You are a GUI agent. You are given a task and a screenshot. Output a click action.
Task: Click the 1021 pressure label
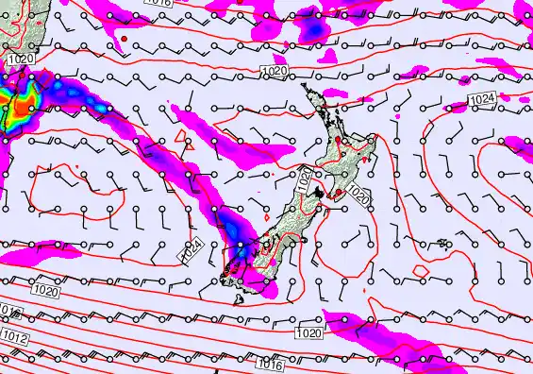tap(308, 179)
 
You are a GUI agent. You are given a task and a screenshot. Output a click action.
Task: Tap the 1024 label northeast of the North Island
tap(482, 97)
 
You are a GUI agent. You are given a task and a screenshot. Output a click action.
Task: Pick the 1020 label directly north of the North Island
tap(275, 71)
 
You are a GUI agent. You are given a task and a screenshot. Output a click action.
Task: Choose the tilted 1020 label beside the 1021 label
tap(358, 194)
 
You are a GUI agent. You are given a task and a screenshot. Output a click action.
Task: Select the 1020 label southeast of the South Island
tap(307, 333)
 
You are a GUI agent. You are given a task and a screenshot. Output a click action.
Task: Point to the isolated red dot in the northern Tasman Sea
tap(124, 38)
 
